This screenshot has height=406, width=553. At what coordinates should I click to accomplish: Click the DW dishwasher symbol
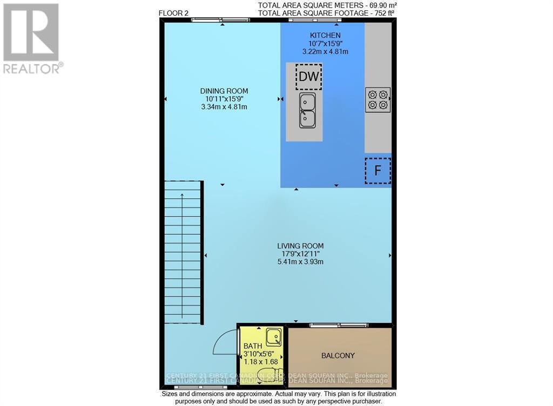(x=308, y=77)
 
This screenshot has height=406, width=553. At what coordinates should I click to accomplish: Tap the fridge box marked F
(x=377, y=171)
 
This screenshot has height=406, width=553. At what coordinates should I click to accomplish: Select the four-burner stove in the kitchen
(x=377, y=100)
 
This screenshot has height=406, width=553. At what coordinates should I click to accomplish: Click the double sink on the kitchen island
(x=308, y=110)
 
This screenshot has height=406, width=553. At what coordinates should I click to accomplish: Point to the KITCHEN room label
(x=325, y=35)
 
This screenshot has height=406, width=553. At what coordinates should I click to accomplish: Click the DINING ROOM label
(x=224, y=91)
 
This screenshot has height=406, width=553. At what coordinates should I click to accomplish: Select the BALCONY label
(x=338, y=355)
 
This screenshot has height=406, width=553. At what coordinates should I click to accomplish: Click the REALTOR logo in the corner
(x=31, y=38)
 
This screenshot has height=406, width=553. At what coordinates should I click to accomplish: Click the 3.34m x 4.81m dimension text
(x=224, y=107)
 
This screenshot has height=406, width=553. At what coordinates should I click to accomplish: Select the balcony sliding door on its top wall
(x=339, y=325)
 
